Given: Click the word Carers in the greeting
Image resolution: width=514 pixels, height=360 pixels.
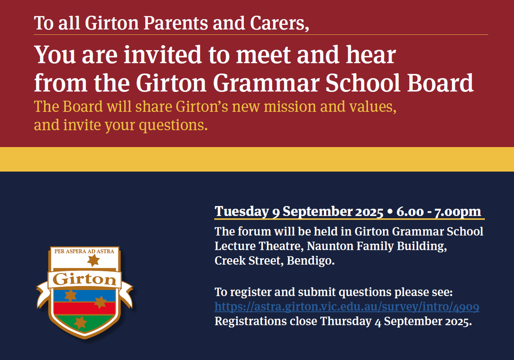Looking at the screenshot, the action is click(x=279, y=24).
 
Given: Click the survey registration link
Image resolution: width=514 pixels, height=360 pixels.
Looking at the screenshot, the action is click(x=347, y=306).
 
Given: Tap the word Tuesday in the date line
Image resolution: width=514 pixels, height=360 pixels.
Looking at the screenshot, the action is click(x=242, y=211).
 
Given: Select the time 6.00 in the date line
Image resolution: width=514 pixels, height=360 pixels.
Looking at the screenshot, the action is click(x=410, y=211).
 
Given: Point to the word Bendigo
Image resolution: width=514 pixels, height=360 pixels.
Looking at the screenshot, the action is click(x=311, y=261).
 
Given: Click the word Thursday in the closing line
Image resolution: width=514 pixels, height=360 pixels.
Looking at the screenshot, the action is click(x=346, y=321).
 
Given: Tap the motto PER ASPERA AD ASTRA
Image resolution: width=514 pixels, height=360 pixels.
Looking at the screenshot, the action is click(x=84, y=251).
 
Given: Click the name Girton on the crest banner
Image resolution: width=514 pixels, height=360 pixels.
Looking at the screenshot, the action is click(x=84, y=280).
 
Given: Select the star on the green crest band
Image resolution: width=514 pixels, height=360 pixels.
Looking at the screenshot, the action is click(x=80, y=322).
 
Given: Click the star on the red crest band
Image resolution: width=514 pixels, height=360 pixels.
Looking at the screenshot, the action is click(x=101, y=302).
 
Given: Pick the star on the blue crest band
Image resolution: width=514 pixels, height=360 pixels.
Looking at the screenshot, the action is click(x=70, y=295).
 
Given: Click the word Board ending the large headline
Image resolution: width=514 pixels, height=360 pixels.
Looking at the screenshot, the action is click(x=440, y=83).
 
